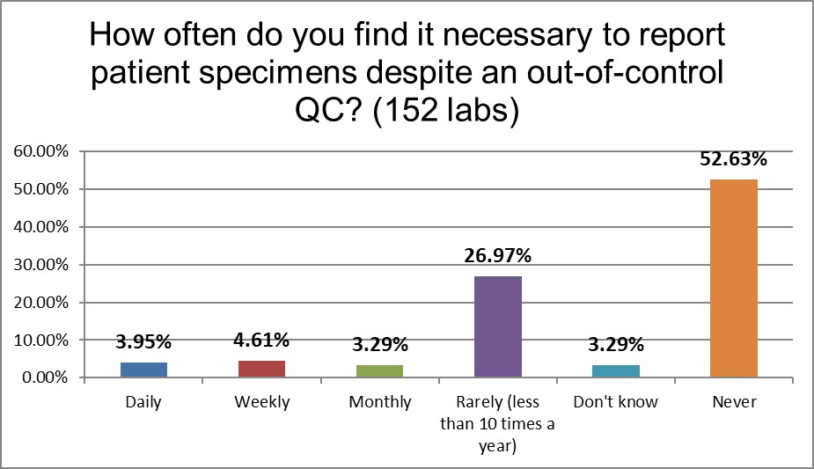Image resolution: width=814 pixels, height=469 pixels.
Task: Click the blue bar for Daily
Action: (143, 370)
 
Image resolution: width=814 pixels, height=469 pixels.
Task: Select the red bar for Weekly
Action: (261, 369)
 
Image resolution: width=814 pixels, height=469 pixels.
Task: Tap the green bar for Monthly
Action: (379, 371)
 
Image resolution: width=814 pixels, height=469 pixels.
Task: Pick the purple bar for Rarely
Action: (497, 326)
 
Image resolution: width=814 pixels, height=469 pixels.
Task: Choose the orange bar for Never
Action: (733, 278)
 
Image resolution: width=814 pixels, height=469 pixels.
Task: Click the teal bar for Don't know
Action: (615, 371)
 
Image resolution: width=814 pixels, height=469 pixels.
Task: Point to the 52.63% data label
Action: (733, 159)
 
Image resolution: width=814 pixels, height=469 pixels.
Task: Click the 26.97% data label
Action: (497, 256)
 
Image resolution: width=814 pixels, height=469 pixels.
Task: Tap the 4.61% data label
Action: (261, 341)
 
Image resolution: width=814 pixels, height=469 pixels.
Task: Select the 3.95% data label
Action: (143, 343)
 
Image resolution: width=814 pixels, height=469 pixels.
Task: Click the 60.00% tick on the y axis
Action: (40, 151)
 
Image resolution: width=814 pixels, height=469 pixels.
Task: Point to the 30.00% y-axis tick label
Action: (40, 265)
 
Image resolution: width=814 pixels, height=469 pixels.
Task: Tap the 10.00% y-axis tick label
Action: (40, 340)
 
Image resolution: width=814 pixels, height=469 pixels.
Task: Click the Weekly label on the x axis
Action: (261, 402)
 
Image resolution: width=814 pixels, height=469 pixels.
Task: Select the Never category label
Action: (733, 402)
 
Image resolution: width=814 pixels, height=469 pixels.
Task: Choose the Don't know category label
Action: (615, 402)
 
